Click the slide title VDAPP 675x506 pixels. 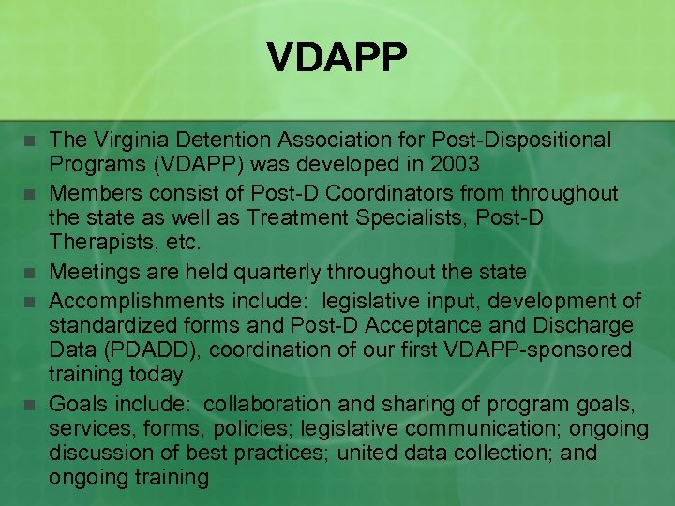tap(337, 58)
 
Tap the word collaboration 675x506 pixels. tap(266, 404)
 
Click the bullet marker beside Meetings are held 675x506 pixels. tap(30, 274)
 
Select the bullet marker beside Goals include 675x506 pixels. tap(30, 406)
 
